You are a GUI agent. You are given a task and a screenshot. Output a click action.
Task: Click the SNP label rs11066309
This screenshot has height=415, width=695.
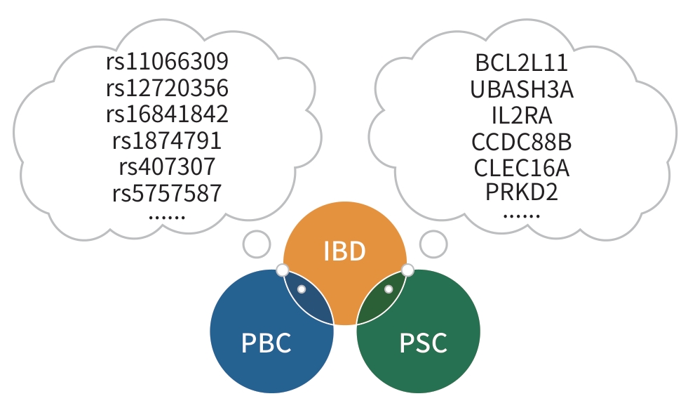(x=167, y=62)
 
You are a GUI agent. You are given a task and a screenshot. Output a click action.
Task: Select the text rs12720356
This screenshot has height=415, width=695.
(x=167, y=88)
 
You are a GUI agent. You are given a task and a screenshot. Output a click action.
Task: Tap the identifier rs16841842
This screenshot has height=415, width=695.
(x=167, y=114)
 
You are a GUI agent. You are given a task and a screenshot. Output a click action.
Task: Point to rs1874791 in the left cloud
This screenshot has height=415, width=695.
(x=167, y=140)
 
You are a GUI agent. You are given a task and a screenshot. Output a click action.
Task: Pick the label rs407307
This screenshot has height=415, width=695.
(x=167, y=166)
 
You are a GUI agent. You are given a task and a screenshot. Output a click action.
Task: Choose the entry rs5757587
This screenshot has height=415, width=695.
(x=167, y=192)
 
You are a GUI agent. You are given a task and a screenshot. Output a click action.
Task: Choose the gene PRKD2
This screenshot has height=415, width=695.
(x=522, y=192)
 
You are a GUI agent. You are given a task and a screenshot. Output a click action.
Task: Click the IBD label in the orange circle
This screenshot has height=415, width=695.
(x=344, y=251)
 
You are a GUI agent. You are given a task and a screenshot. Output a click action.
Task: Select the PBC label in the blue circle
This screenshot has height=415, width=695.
(x=266, y=344)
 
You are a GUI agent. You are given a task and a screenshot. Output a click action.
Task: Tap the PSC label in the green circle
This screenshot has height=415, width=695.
(x=423, y=344)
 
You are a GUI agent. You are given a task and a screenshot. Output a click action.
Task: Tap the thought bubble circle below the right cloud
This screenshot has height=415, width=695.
(x=433, y=244)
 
